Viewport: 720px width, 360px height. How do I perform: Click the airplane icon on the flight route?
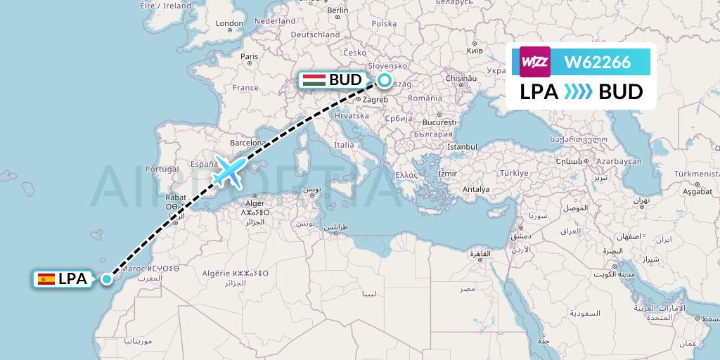tap(230, 170)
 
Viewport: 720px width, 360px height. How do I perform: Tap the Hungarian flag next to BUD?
tap(314, 80)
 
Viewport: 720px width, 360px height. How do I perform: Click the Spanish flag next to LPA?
tap(46, 279)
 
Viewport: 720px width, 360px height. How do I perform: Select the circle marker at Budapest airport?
tap(385, 80)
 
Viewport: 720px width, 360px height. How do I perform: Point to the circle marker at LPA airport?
tap(106, 279)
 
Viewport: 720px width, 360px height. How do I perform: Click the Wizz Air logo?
tap(535, 61)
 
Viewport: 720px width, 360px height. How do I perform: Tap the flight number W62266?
tap(598, 62)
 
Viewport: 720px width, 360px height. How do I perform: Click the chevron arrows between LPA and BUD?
tap(579, 92)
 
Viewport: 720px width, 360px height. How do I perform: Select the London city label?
tap(229, 23)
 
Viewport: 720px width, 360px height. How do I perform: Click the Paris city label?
tap(250, 56)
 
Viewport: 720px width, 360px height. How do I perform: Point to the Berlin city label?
tap(337, 11)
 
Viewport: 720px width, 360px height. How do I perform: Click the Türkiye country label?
tap(513, 173)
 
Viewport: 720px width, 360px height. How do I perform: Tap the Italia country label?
tap(344, 145)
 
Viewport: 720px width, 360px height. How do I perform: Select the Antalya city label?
tap(475, 188)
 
